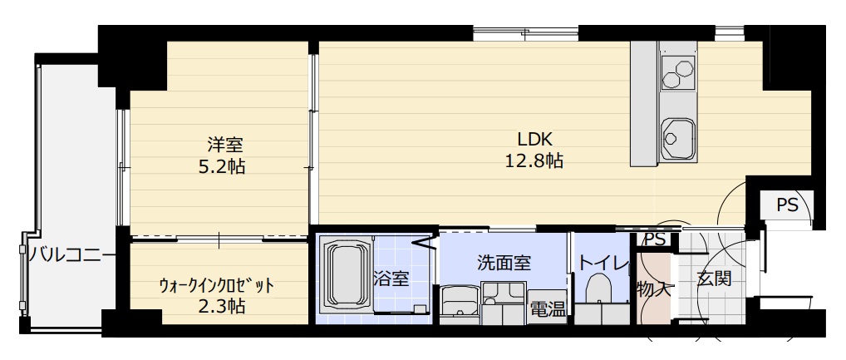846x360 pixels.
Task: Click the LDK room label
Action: tap(535, 139)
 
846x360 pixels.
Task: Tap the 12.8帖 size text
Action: tap(534, 161)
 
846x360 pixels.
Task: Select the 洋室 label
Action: tap(219, 143)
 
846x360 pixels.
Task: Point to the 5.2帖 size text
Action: tap(219, 165)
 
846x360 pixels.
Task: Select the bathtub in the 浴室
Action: tap(344, 278)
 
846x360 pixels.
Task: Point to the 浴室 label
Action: tap(391, 279)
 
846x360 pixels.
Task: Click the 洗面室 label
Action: tap(504, 262)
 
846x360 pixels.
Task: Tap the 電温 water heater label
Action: tap(548, 309)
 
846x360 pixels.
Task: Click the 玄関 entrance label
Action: tap(714, 279)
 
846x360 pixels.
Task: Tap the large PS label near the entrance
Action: tap(787, 205)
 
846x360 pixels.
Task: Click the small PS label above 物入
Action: tap(655, 239)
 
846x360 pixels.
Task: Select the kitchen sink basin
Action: tap(678, 136)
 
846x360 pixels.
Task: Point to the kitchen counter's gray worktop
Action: tap(643, 104)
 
